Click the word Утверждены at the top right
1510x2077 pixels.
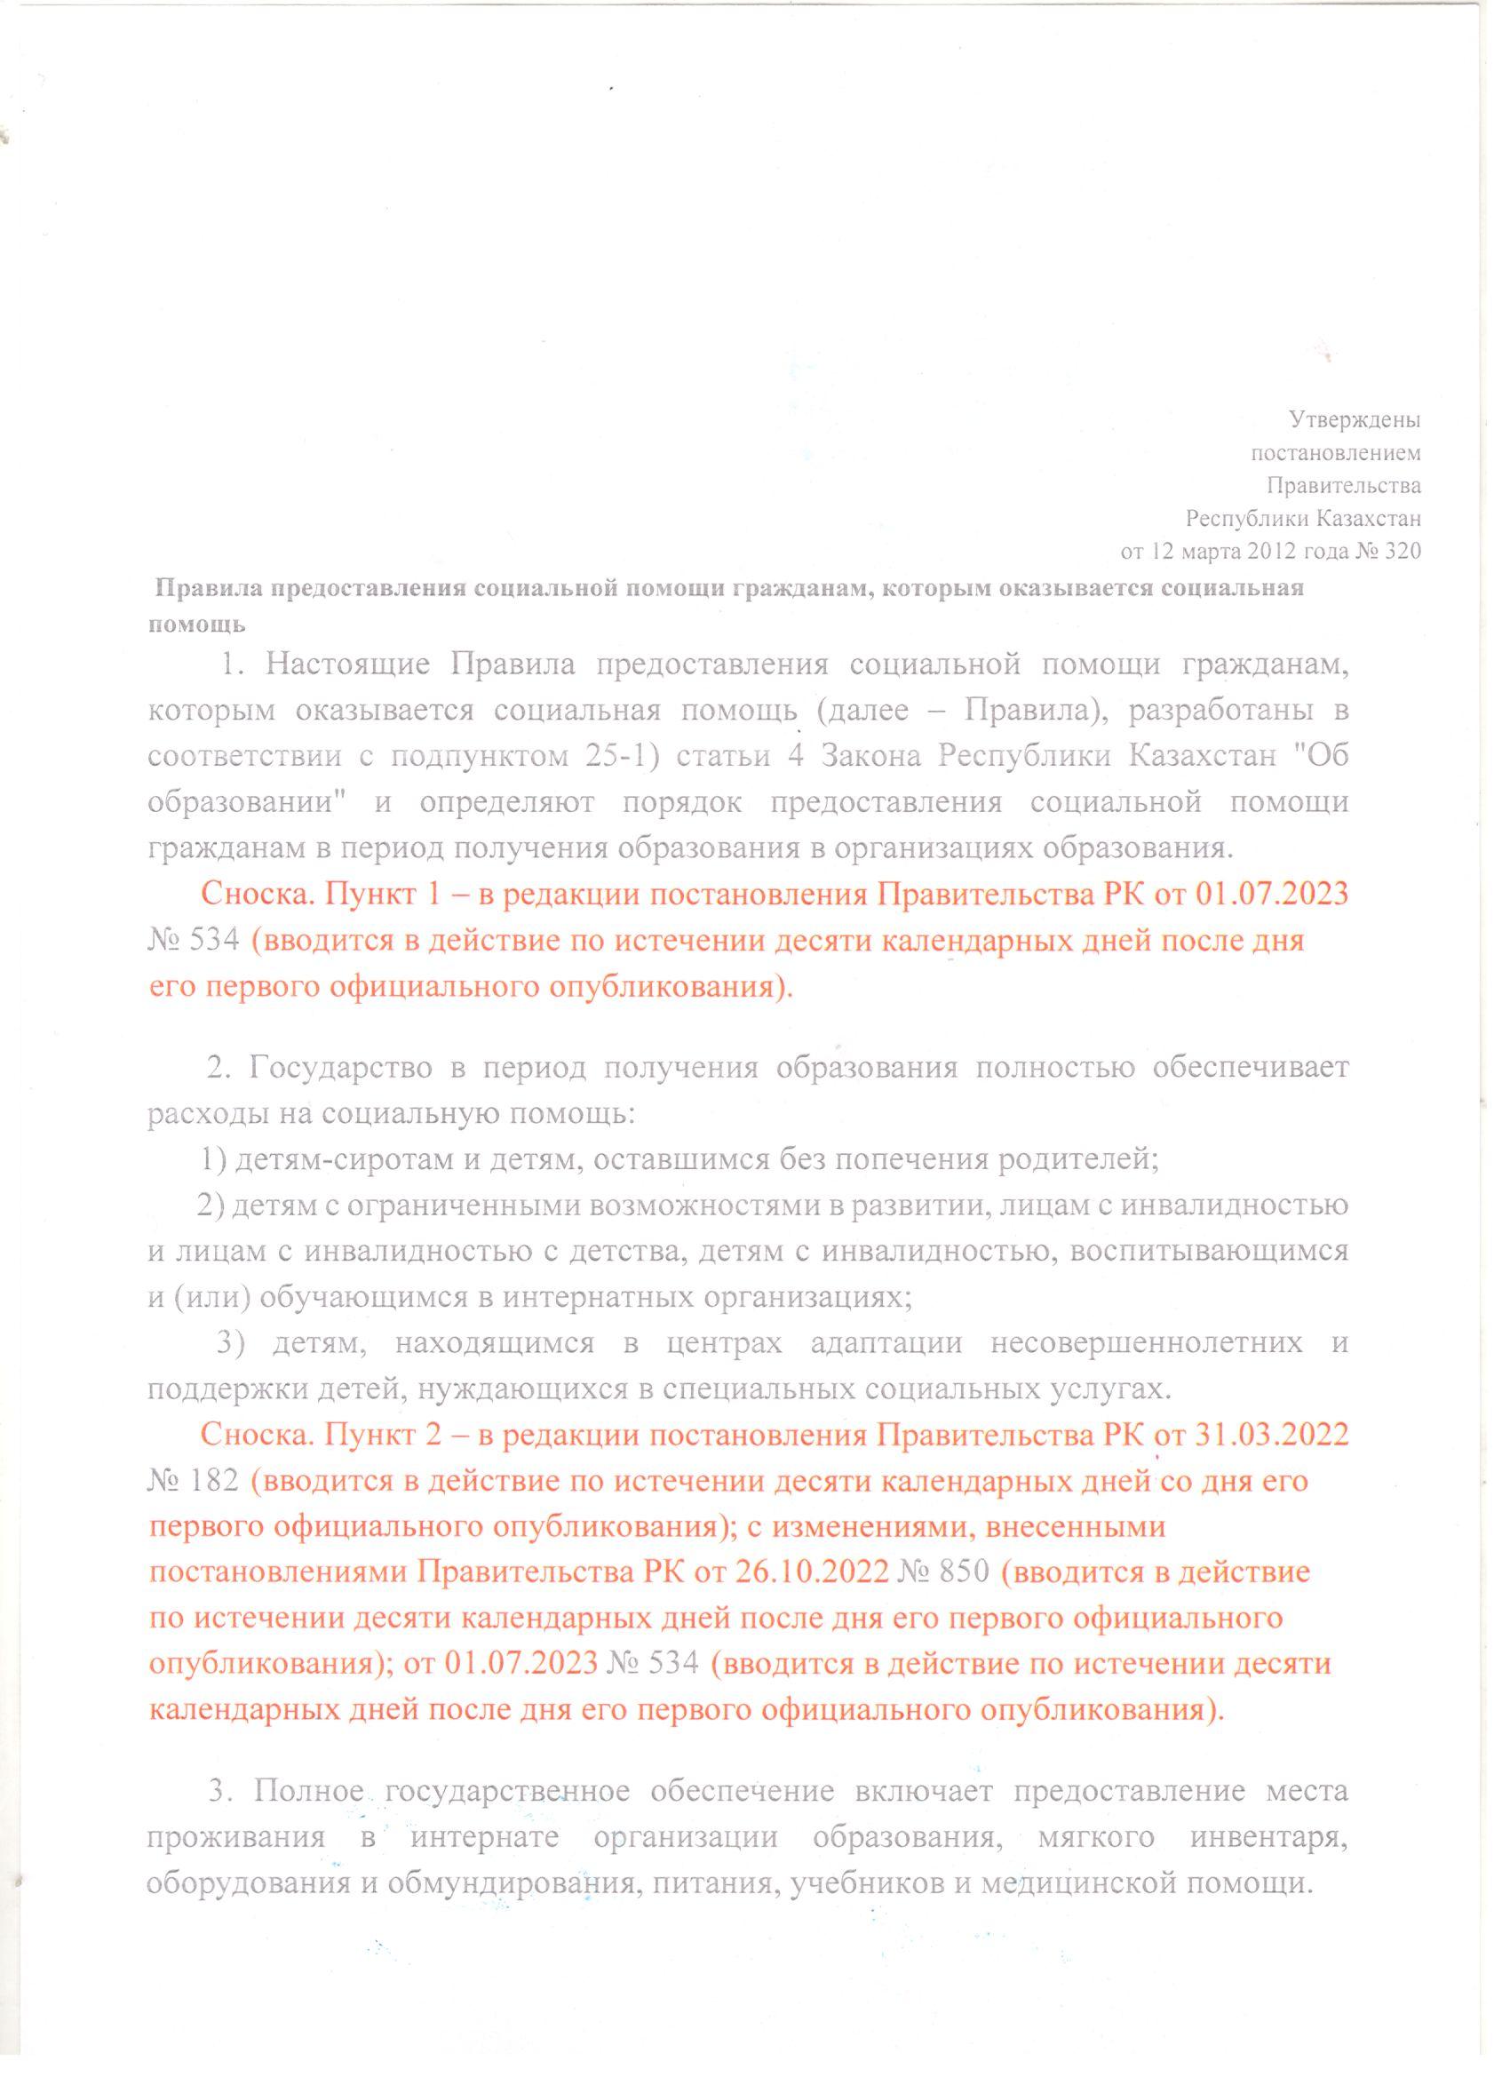(1355, 420)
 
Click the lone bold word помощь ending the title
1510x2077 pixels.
(197, 625)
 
